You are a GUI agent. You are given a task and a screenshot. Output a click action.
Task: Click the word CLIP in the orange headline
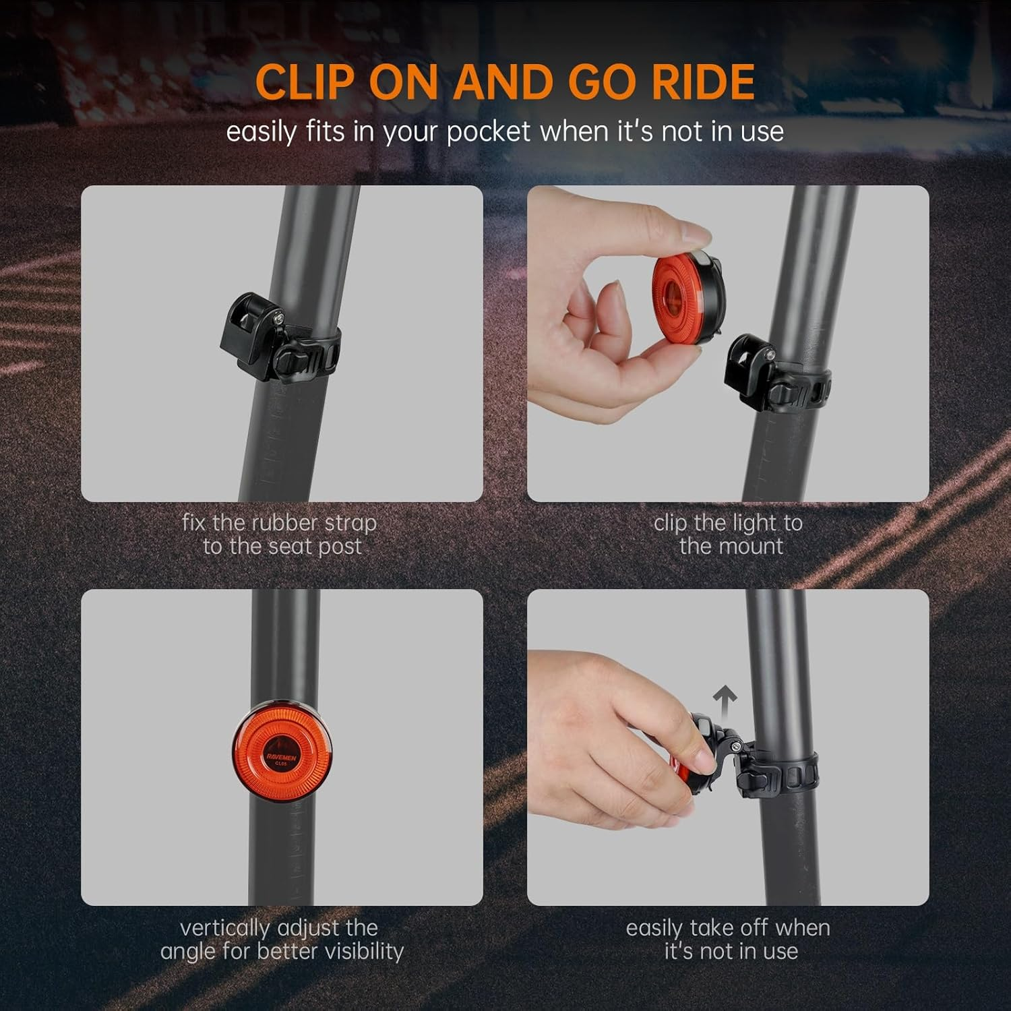(305, 82)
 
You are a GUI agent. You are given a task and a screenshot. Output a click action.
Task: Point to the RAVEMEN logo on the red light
(281, 757)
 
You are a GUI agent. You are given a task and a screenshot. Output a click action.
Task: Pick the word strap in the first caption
(350, 523)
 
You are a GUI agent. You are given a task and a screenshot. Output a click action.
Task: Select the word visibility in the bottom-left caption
(364, 951)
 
